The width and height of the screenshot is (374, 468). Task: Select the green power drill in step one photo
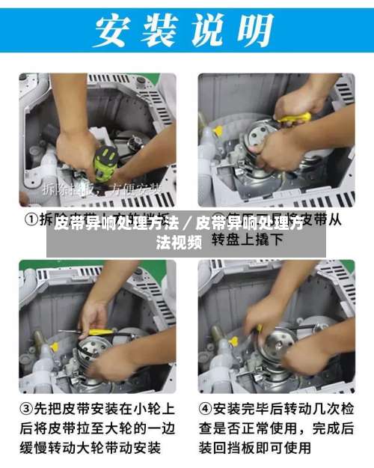104,162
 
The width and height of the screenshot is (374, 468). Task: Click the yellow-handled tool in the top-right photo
295,118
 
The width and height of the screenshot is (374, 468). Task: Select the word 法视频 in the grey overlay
178,241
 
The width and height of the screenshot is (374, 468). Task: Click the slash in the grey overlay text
186,223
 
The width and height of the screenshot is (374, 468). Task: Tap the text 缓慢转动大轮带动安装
96,448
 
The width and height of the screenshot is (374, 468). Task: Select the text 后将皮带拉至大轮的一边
96,429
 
